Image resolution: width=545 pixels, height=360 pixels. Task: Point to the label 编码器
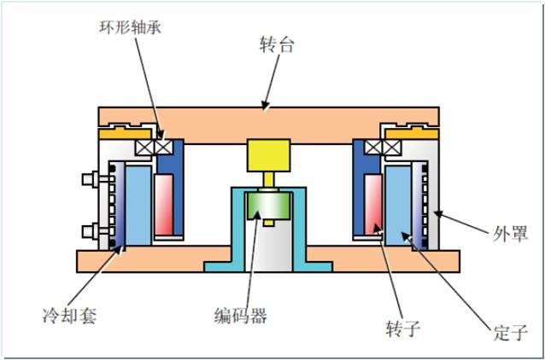tap(240, 316)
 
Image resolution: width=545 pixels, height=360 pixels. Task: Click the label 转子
tap(403, 328)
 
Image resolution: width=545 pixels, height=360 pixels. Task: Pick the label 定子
tap(512, 333)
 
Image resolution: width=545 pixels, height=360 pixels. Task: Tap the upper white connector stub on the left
tap(86, 180)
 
